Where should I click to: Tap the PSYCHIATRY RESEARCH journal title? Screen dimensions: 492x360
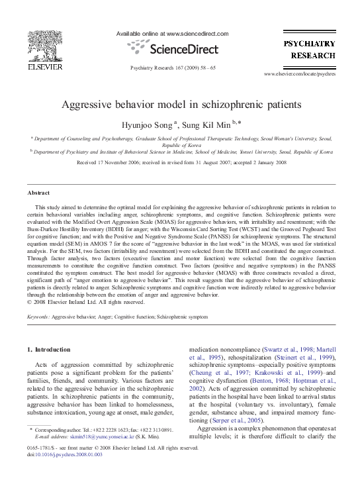click(x=314, y=48)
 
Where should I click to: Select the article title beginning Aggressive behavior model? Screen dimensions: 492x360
click(x=180, y=105)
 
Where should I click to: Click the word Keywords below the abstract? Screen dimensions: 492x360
click(x=37, y=317)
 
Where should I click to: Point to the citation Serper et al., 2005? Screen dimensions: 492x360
click(x=243, y=438)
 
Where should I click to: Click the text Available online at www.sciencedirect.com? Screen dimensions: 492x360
click(x=172, y=33)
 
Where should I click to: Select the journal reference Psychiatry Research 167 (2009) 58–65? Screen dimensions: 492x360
click(x=173, y=68)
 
